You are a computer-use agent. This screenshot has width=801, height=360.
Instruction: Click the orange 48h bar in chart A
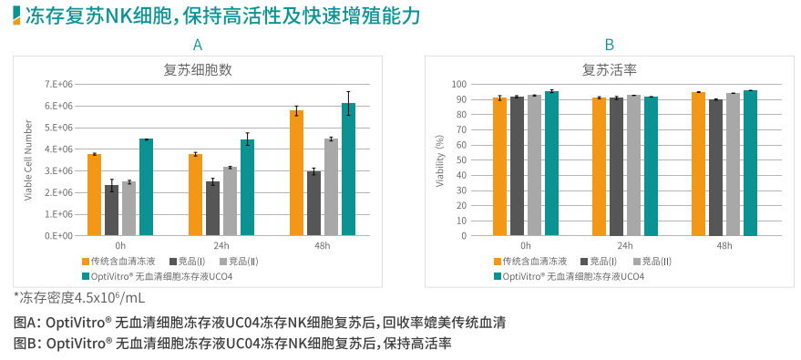pos(296,173)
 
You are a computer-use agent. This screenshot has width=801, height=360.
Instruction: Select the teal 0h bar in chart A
pos(146,187)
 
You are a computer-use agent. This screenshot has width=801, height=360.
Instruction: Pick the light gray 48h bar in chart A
pos(331,187)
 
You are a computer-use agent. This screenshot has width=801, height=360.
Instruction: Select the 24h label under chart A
pos(221,245)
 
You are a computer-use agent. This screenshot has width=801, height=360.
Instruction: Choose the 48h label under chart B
pos(724,245)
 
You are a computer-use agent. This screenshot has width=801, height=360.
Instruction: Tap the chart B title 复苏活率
pos(610,69)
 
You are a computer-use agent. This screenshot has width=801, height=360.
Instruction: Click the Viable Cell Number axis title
pos(28,159)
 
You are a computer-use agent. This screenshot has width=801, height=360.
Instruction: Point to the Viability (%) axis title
pos(440,159)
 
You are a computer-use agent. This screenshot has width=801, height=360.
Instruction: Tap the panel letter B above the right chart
pos(610,45)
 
